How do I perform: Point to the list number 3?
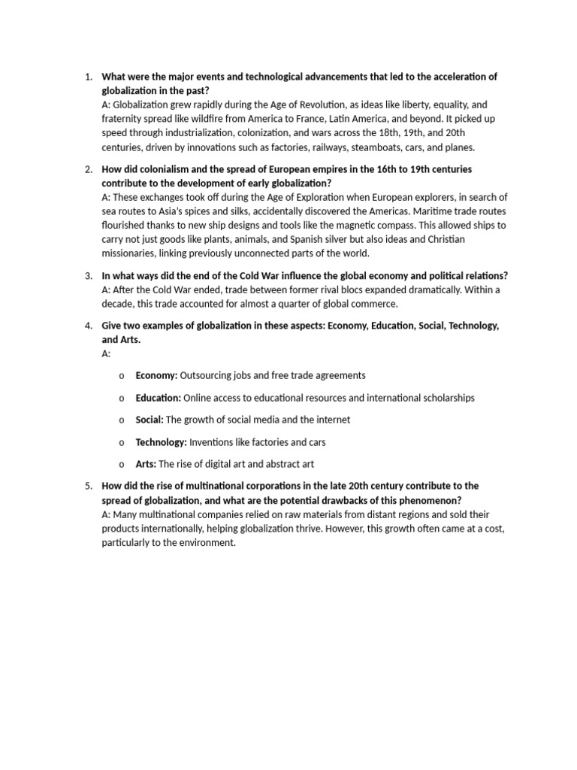88,275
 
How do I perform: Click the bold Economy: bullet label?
156,374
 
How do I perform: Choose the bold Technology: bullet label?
161,442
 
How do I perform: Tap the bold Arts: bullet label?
146,464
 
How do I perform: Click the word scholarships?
443,397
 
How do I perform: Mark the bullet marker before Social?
122,420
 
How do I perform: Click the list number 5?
88,487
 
